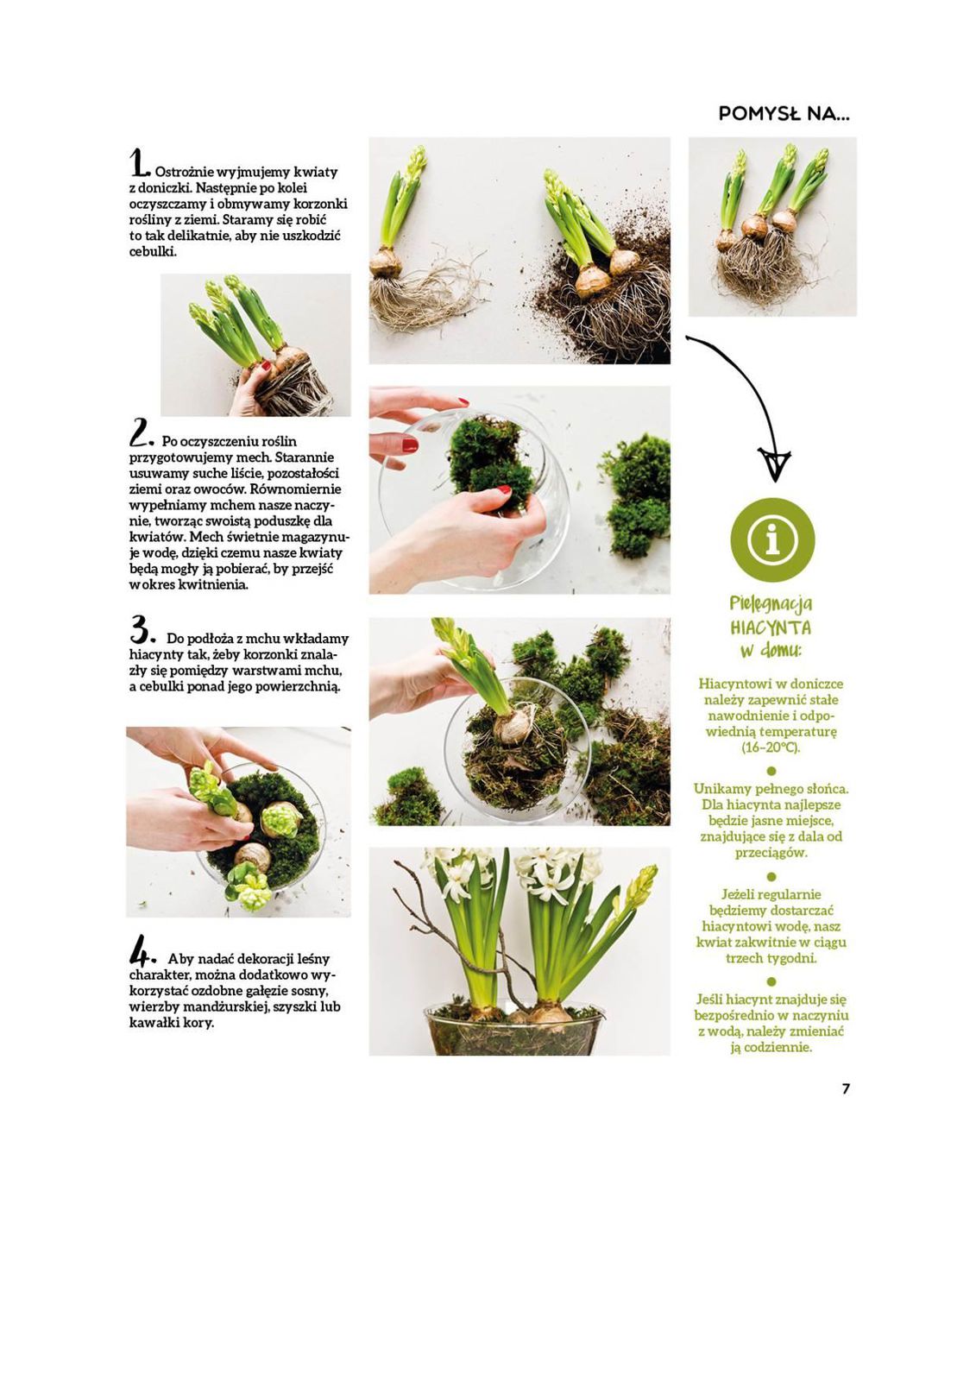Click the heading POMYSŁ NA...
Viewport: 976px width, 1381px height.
tap(783, 113)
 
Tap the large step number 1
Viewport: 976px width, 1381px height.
tap(138, 162)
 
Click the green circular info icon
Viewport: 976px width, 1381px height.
tap(772, 540)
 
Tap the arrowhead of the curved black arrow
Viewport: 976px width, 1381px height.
tap(774, 463)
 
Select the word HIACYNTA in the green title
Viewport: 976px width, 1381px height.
tap(771, 627)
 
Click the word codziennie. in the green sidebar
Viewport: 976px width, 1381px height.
tap(771, 1048)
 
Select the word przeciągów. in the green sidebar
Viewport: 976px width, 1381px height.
tap(771, 854)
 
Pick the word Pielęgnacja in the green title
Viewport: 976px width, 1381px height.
tap(771, 603)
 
